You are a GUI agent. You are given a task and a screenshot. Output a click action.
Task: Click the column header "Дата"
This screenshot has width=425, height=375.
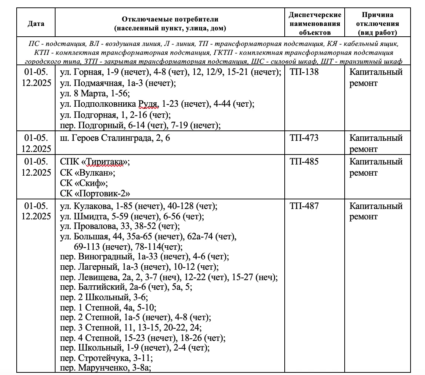tap(36, 23)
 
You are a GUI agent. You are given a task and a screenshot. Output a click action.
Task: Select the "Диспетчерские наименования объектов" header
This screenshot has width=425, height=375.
tap(315, 23)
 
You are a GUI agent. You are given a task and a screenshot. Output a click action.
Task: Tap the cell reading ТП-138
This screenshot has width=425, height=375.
tap(304, 72)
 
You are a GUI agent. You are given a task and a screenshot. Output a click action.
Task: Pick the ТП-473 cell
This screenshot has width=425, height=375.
tap(304, 138)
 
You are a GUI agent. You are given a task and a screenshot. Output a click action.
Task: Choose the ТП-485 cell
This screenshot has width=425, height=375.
tap(304, 162)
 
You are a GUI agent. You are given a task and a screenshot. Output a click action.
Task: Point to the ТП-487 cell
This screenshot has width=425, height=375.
tap(304, 206)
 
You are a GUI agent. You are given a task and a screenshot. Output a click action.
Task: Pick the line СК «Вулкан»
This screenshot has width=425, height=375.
tap(88, 173)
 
